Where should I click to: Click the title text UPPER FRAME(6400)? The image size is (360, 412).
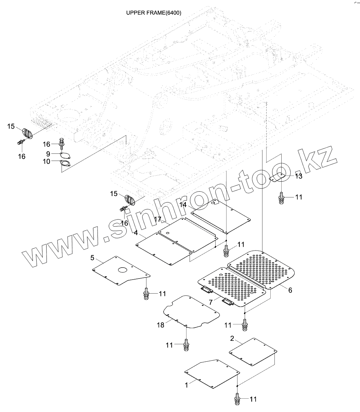[x=154, y=13]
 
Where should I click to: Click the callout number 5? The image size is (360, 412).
[x=92, y=258]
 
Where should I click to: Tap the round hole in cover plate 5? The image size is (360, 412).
[x=123, y=270]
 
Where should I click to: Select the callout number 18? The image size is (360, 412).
[x=160, y=325]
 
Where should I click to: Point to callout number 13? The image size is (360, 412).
[x=299, y=176]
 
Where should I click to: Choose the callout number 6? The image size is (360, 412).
[x=290, y=290]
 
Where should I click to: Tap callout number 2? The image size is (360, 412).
[x=232, y=338]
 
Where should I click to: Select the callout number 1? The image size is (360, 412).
[x=187, y=385]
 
